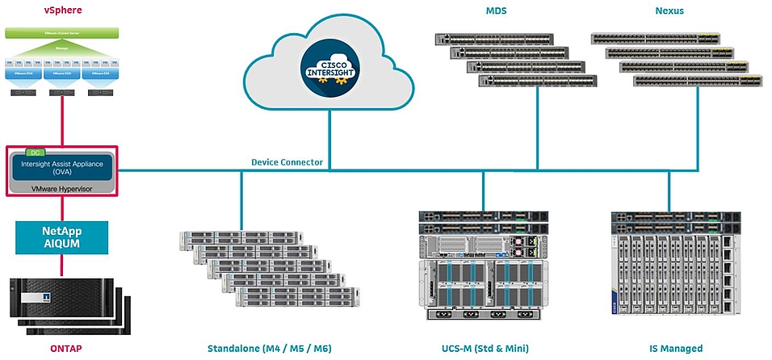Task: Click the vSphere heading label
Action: [x=61, y=11]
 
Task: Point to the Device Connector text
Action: [x=287, y=162]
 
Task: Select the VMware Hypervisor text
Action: [x=61, y=186]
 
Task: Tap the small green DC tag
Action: [x=34, y=151]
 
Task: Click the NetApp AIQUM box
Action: [x=61, y=237]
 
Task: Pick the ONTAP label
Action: [x=61, y=349]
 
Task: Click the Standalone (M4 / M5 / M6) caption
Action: [x=269, y=349]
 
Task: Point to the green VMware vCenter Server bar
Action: [x=61, y=33]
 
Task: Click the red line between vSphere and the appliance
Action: [x=61, y=121]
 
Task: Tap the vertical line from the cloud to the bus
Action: [x=329, y=137]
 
